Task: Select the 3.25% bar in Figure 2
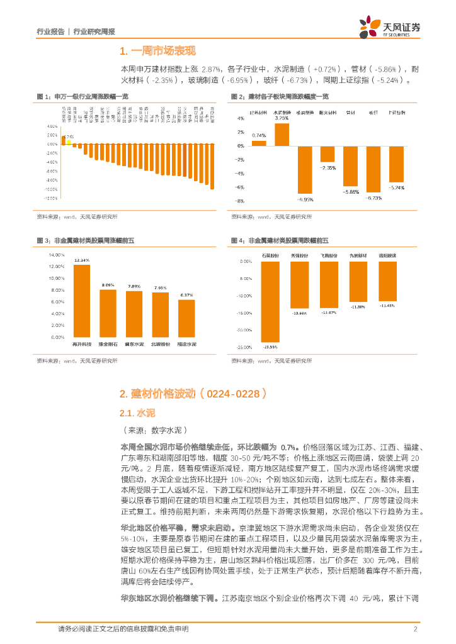pyautogui.click(x=282, y=134)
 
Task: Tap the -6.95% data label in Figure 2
pyautogui.click(x=306, y=199)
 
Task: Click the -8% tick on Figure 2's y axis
pyautogui.click(x=240, y=201)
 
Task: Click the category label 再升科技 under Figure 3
pyautogui.click(x=82, y=345)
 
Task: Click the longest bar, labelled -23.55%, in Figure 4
pyautogui.click(x=270, y=301)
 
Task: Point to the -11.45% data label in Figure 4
pyautogui.click(x=387, y=306)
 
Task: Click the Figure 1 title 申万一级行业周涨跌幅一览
pyautogui.click(x=91, y=96)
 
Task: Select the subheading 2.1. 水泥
pyautogui.click(x=137, y=413)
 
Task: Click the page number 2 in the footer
pyautogui.click(x=416, y=629)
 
